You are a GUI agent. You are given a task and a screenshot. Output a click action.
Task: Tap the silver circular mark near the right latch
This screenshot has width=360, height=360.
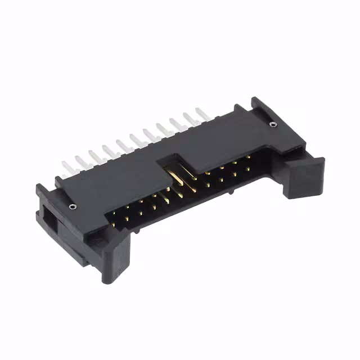pos(273,124)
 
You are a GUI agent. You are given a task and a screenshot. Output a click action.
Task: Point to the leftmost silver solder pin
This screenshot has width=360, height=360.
pos(67,168)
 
